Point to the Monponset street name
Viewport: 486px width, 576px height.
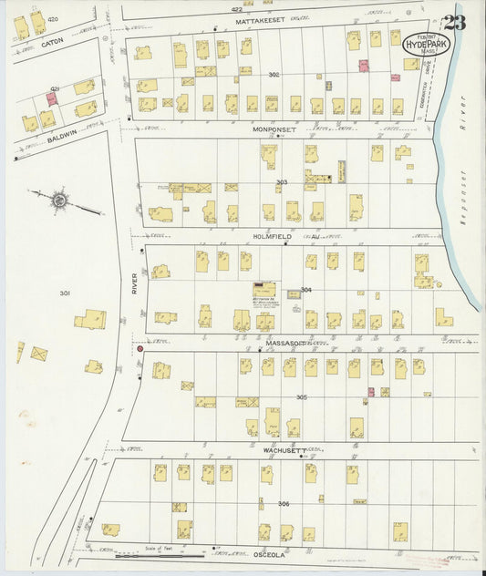coord(274,130)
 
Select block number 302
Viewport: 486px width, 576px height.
coord(274,74)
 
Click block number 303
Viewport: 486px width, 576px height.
coord(282,182)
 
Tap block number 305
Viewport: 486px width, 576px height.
coord(301,397)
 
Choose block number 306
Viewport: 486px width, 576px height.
coord(284,504)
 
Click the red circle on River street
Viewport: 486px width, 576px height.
coord(140,348)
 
